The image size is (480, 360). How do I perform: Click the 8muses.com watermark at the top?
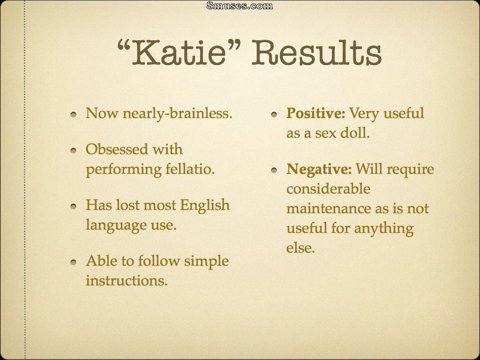(x=240, y=5)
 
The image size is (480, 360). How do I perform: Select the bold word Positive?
(x=315, y=113)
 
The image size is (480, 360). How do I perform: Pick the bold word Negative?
(x=319, y=169)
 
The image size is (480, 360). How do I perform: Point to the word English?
(x=204, y=206)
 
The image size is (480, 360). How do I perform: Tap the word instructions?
(x=127, y=280)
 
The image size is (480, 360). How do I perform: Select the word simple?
(x=206, y=262)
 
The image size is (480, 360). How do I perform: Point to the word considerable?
(x=328, y=188)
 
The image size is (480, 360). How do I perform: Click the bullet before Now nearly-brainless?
(x=73, y=115)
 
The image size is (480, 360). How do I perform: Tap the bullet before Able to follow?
(x=73, y=262)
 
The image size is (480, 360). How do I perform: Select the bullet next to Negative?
(x=274, y=170)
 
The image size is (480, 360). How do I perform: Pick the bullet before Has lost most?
(x=73, y=207)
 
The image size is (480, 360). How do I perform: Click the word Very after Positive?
(x=364, y=114)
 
